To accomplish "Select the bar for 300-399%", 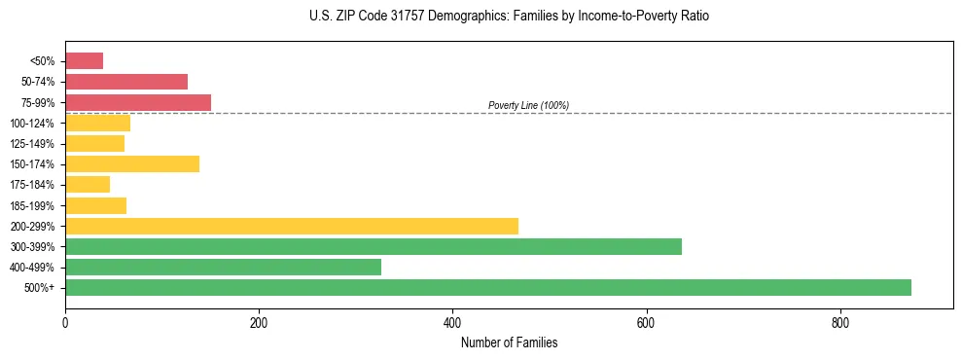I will [374, 246].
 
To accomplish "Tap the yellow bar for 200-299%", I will [292, 226].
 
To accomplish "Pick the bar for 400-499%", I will [223, 267].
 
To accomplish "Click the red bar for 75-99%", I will [138, 102].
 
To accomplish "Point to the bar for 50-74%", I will [126, 82].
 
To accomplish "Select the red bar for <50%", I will [84, 61].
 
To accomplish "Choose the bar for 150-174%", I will [132, 163].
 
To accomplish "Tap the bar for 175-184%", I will [88, 184].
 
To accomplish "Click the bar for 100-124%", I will [97, 123].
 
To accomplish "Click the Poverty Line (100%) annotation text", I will [528, 105].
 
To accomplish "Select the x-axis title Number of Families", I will [509, 342].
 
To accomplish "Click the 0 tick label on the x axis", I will [65, 323].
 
